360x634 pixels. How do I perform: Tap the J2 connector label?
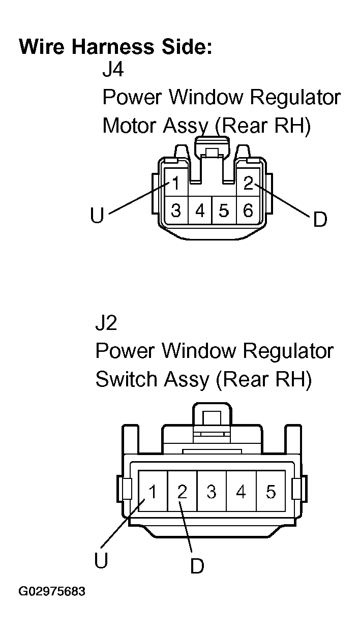(106, 323)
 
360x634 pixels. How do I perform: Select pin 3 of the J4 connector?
(176, 210)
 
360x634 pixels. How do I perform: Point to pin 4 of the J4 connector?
(200, 210)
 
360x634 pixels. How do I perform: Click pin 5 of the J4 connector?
(224, 210)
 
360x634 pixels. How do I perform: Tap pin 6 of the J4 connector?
(248, 210)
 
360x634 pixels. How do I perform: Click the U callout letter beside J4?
(97, 215)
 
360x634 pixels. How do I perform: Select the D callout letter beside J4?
(320, 219)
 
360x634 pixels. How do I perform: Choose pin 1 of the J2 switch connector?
(153, 491)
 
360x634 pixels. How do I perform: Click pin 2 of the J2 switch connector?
(182, 491)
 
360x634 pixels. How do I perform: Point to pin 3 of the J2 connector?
(212, 491)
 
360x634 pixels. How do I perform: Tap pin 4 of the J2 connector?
(241, 491)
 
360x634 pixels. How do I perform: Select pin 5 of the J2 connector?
(271, 491)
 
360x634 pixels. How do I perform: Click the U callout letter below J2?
(101, 560)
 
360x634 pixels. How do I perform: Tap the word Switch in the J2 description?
(127, 379)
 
